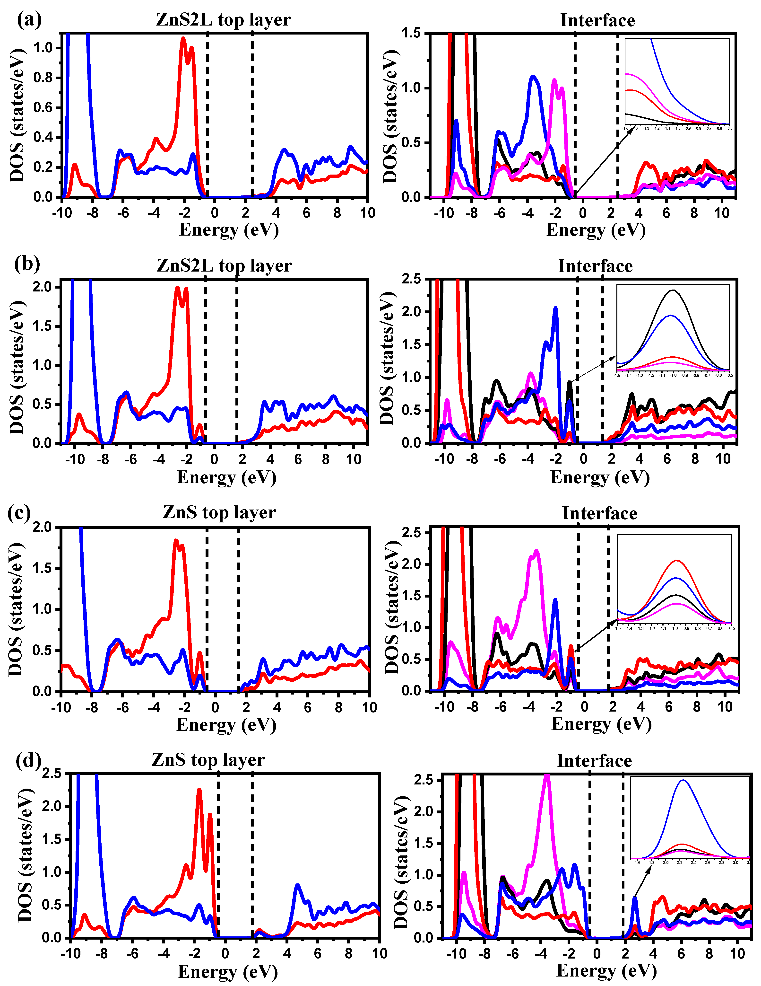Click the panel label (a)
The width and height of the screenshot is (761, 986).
pos(29,19)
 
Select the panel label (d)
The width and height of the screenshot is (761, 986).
pos(28,760)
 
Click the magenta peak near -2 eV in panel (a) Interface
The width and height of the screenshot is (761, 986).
pos(554,80)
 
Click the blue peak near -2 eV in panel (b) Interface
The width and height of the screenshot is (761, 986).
pos(555,308)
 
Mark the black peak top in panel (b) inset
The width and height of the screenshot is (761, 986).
pos(673,290)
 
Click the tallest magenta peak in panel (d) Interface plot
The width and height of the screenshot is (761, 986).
pos(547,776)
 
